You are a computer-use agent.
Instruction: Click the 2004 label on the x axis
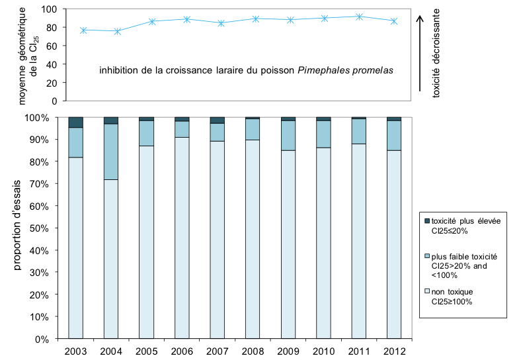click(111, 349)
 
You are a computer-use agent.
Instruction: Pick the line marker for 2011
click(358, 17)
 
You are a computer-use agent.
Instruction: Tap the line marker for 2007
click(221, 23)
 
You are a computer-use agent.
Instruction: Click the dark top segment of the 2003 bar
click(76, 122)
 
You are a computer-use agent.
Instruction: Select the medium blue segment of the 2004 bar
click(111, 152)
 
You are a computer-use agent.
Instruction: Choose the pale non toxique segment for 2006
click(182, 238)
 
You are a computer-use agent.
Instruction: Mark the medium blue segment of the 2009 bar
click(288, 135)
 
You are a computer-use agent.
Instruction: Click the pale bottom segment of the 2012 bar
click(394, 245)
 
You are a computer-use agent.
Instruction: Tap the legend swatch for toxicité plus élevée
click(426, 220)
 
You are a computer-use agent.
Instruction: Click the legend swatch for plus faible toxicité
click(426, 256)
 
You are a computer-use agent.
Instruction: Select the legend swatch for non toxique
click(426, 292)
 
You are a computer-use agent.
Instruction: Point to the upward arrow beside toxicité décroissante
click(420, 53)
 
